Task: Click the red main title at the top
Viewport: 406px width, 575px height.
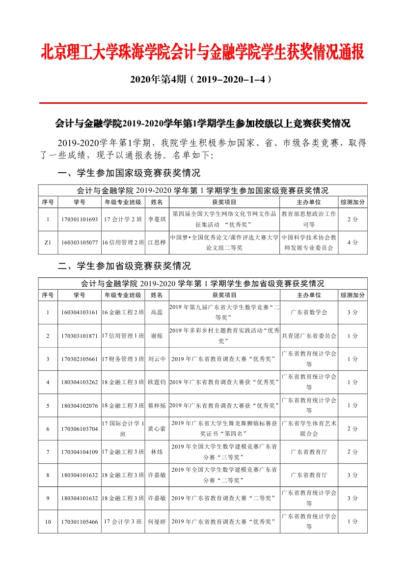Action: coord(203,52)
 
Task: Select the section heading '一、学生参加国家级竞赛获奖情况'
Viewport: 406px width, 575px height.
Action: coord(129,173)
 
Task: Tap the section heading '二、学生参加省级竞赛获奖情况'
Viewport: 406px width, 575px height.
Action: coord(124,266)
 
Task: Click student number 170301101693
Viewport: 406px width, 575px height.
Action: coord(80,219)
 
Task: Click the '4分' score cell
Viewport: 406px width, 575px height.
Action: coord(352,242)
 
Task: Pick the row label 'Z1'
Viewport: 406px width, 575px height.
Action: coord(48,242)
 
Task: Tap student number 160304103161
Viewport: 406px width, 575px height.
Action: coord(80,312)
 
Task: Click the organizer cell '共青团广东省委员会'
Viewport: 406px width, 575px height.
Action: coord(309,336)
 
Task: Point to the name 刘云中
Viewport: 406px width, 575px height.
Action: coord(157,359)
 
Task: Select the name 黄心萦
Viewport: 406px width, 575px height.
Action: coord(157,429)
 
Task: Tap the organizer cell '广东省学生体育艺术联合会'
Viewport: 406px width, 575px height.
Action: coord(309,429)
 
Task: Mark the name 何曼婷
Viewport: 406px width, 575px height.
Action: coord(157,522)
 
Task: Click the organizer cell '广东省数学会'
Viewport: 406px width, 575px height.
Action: coord(309,312)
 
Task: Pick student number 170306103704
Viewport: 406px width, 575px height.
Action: coord(80,429)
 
